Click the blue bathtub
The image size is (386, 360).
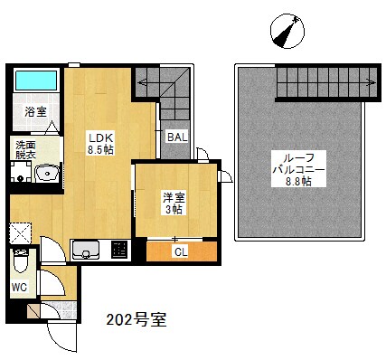(x=36, y=81)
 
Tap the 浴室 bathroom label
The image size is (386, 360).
(x=35, y=113)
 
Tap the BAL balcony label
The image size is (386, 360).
(x=176, y=137)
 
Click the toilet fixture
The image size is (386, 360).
(x=21, y=263)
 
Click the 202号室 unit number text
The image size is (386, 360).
(x=136, y=320)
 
